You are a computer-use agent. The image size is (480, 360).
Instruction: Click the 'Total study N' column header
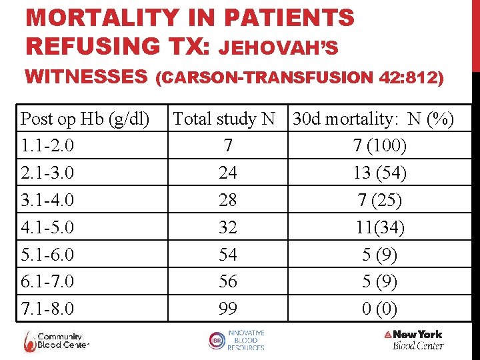(224, 119)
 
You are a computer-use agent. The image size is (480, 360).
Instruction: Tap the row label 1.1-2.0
(47, 145)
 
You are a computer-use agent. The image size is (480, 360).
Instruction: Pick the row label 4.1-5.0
(47, 227)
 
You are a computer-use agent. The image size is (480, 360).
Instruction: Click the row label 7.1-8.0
(47, 309)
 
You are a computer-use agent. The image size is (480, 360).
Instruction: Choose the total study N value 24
(228, 173)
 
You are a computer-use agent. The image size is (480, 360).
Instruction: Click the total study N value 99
(228, 309)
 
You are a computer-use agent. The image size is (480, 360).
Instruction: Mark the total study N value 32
(228, 227)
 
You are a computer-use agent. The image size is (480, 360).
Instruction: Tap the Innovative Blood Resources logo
(236, 340)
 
